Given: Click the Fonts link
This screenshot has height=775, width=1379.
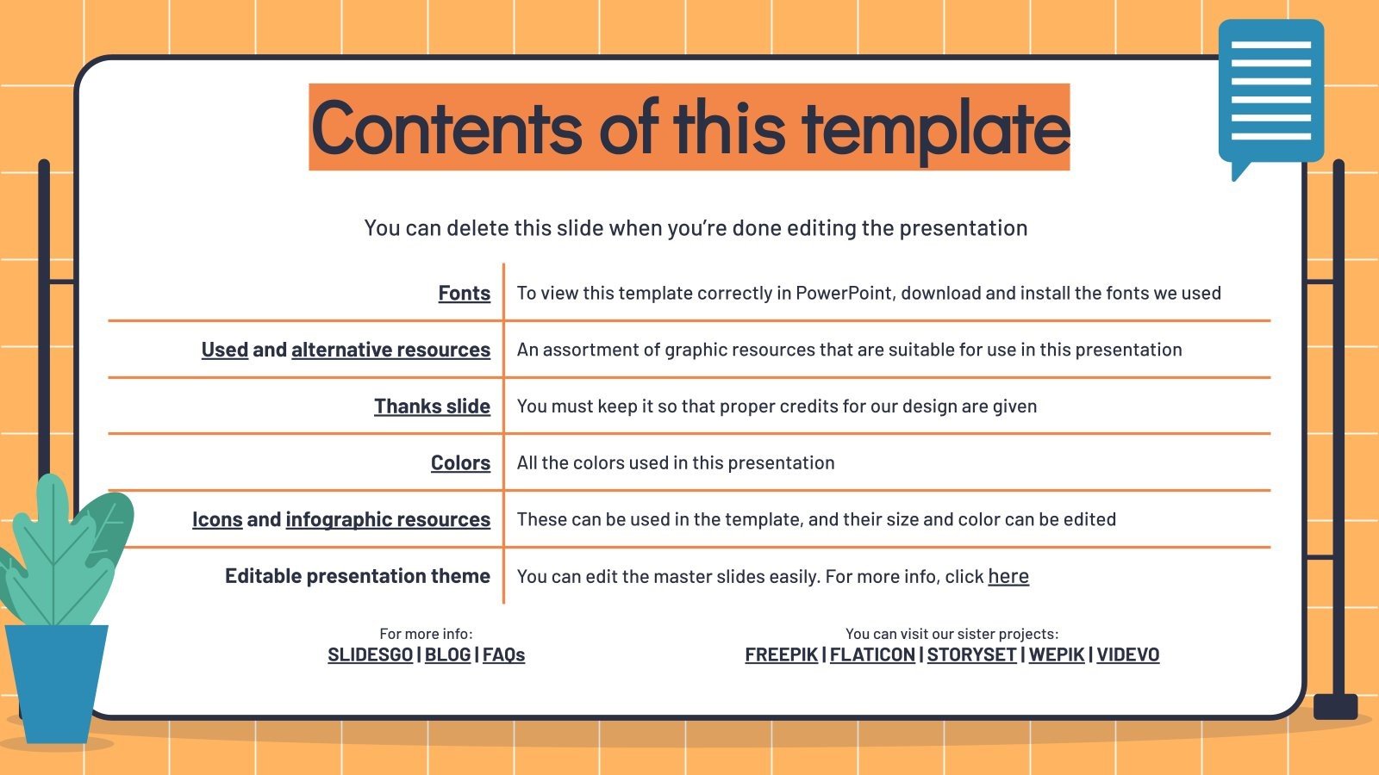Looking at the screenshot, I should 464,294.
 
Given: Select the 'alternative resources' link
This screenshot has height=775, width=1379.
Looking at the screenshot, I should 390,350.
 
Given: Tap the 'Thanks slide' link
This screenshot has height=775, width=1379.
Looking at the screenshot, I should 432,406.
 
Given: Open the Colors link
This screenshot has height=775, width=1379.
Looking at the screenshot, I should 460,463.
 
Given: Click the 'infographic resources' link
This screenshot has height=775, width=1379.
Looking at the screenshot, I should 388,520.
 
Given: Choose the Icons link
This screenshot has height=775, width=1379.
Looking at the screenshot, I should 217,520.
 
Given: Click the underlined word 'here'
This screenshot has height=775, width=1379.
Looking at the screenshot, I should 1008,576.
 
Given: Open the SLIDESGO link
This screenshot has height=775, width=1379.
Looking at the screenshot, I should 370,654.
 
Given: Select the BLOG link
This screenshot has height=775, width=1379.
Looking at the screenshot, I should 447,654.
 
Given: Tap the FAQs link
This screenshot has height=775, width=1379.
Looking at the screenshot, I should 503,654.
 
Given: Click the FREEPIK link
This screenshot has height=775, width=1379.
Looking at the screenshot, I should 781,654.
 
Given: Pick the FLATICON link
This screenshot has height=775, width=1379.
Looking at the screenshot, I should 872,654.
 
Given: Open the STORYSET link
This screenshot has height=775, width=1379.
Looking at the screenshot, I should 971,654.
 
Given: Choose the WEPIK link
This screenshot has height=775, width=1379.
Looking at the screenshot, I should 1056,654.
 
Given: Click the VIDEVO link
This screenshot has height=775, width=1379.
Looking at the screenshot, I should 1127,654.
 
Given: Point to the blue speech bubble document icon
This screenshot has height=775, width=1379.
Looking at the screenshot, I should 1270,91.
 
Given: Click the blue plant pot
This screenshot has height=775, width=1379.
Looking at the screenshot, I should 56,680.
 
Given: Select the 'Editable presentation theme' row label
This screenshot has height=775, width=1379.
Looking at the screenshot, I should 358,576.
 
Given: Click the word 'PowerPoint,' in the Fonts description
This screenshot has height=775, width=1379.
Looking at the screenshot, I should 845,294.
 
